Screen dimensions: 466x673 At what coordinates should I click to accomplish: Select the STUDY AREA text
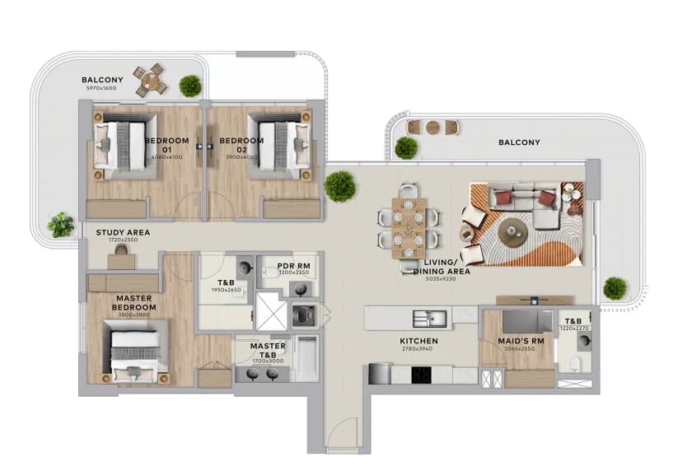tap(123, 233)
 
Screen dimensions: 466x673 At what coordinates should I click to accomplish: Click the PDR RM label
tap(292, 266)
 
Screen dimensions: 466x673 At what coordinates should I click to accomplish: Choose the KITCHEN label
tap(418, 341)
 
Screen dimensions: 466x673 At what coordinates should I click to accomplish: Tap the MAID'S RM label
tap(516, 341)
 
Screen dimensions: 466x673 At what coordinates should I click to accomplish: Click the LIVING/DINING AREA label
tap(442, 266)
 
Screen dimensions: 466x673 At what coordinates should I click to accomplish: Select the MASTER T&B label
tap(268, 351)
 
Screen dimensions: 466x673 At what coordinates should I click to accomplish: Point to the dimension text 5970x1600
tap(102, 88)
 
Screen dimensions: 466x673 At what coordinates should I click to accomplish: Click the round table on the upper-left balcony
tap(150, 80)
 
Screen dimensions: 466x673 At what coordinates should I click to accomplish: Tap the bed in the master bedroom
tap(135, 352)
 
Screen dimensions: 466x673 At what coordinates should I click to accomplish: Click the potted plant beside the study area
tap(60, 223)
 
